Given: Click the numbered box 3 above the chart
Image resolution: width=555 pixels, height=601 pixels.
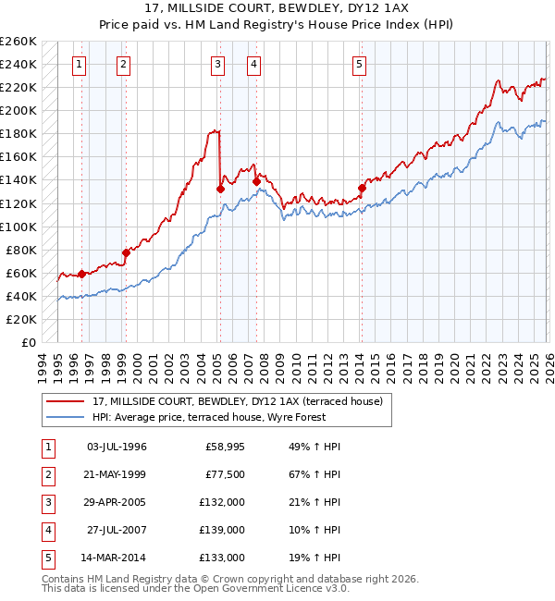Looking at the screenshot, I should point(216,64).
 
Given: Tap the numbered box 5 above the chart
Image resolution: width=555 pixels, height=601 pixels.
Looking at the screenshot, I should point(359,64).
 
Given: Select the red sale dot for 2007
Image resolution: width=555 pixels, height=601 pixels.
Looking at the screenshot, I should point(255,181).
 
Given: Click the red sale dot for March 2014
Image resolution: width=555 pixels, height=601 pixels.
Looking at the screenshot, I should point(362,189).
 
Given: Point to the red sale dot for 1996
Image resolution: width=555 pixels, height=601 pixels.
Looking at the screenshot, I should point(81,274).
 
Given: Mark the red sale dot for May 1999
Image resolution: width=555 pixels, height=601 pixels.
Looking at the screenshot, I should point(127,252).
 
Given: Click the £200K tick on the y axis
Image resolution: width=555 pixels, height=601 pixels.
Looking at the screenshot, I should point(18,110).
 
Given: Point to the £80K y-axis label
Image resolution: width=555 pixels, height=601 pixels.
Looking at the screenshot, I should point(21,250).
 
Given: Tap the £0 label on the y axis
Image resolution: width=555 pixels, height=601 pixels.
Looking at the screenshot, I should point(29,342).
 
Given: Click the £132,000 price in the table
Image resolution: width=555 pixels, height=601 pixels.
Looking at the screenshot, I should point(223,502).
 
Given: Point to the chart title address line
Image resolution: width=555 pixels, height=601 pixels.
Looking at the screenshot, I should point(277,9).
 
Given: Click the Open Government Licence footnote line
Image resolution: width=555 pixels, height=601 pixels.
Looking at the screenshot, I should point(195,588).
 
